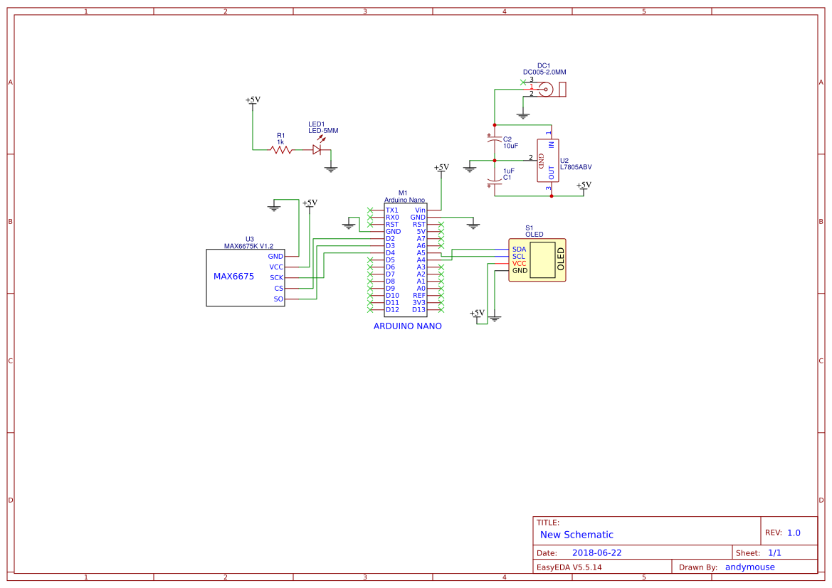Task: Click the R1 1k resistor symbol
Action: [x=280, y=149]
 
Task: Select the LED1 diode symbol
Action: [x=317, y=149]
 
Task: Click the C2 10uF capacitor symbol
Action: [x=494, y=141]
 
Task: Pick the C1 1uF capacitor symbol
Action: [x=494, y=178]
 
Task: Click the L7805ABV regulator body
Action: [x=547, y=160]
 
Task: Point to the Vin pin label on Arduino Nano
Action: [x=420, y=210]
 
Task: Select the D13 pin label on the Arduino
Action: [x=418, y=309]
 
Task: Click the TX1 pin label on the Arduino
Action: [x=392, y=210]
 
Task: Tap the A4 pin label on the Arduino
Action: [x=421, y=260]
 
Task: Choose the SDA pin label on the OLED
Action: [x=519, y=249]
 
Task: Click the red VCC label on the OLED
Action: [x=519, y=263]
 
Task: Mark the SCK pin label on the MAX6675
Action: [x=276, y=277]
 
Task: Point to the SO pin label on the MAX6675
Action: [x=278, y=299]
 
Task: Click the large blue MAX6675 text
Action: [x=233, y=277]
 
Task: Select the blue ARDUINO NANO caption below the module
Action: [x=407, y=326]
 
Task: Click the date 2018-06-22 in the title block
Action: [x=596, y=552]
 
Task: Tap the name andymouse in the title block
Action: [x=749, y=567]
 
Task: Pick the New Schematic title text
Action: [x=576, y=535]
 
